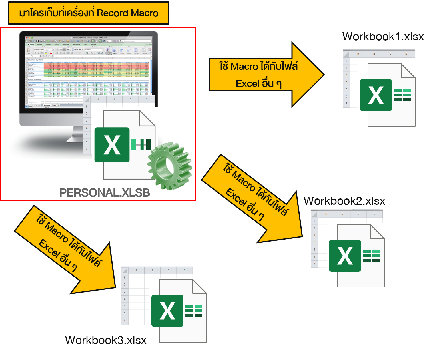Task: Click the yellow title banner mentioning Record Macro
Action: [x=89, y=13]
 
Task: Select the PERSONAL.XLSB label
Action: [x=105, y=193]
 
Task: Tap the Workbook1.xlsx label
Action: [x=383, y=37]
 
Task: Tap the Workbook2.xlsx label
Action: [x=344, y=201]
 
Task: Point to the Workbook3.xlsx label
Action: [x=106, y=340]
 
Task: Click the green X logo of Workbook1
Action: [x=376, y=95]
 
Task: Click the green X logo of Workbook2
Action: [x=345, y=256]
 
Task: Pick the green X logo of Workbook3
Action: [x=167, y=311]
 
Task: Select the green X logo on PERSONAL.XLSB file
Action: [x=112, y=145]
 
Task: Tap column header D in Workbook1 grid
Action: [x=406, y=54]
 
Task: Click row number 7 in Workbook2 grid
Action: [x=314, y=264]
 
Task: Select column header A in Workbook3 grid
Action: [x=136, y=270]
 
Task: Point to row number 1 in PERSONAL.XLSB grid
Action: [x=86, y=106]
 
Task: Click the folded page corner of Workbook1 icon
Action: [x=408, y=71]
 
